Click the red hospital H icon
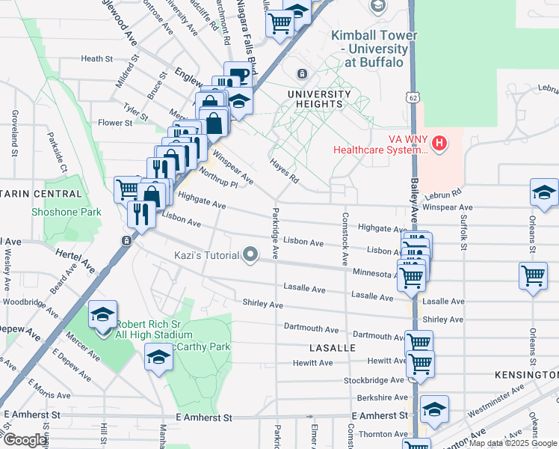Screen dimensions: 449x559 [439, 142]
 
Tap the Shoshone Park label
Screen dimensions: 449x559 [67, 212]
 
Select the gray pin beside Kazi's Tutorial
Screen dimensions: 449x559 [251, 256]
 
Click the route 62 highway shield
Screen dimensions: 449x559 [413, 97]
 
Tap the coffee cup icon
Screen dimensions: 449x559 [238, 76]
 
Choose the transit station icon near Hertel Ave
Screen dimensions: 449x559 [126, 241]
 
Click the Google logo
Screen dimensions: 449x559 [25, 439]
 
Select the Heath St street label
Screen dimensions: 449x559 [96, 58]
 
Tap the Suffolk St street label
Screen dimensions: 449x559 [463, 232]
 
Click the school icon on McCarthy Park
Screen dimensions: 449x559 [158, 358]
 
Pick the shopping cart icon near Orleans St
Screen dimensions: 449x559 [533, 275]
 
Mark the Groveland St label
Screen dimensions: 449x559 [14, 132]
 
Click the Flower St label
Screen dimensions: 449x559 [114, 123]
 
